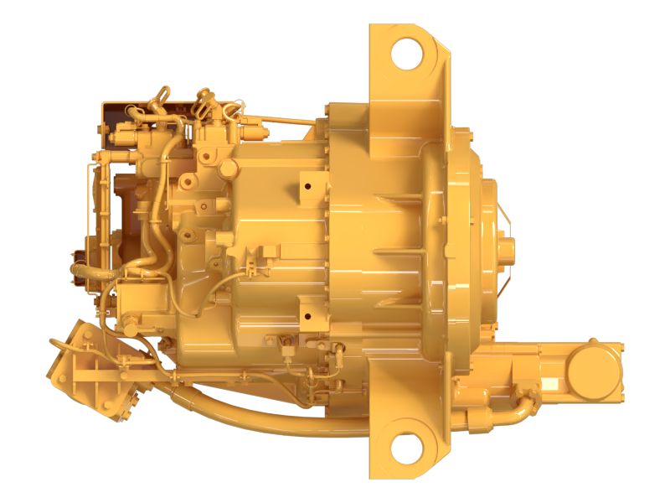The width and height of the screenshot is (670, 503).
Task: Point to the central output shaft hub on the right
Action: point(508,248)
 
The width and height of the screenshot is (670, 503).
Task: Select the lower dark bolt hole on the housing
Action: point(308,316)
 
